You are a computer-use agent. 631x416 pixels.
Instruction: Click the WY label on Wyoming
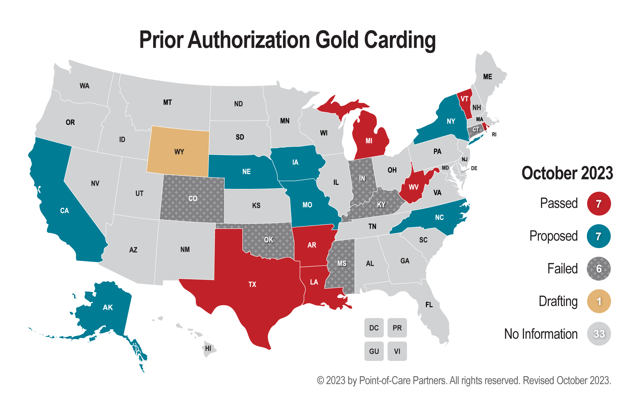coord(179,152)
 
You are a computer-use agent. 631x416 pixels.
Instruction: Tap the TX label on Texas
coord(252,285)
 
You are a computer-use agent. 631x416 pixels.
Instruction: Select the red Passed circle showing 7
coord(599,204)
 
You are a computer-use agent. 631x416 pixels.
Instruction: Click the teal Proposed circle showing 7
coord(599,236)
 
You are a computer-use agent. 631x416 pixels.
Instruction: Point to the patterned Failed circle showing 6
coord(599,269)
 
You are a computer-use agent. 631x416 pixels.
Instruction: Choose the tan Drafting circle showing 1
coord(599,301)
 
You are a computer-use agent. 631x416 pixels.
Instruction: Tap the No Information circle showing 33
coord(599,334)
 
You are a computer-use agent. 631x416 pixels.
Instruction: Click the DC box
coord(374,328)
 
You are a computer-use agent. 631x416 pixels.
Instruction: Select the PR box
coord(397,328)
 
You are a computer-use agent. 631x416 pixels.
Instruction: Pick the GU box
coord(374,351)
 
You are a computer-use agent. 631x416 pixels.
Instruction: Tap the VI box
coord(397,351)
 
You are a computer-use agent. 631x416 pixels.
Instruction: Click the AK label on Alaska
coord(108,307)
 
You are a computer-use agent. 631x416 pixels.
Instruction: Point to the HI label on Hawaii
coord(208,348)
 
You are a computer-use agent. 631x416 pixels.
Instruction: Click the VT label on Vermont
coord(464,99)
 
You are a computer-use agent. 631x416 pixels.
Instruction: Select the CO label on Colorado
coord(193,198)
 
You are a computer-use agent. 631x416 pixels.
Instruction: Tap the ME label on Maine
coord(488,77)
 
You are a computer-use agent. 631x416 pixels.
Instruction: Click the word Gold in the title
coord(337,40)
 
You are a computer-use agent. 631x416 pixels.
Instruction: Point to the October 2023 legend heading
coord(567,173)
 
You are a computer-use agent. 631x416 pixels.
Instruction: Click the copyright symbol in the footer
coord(321,380)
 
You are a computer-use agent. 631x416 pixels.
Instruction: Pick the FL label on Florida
coord(429,305)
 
